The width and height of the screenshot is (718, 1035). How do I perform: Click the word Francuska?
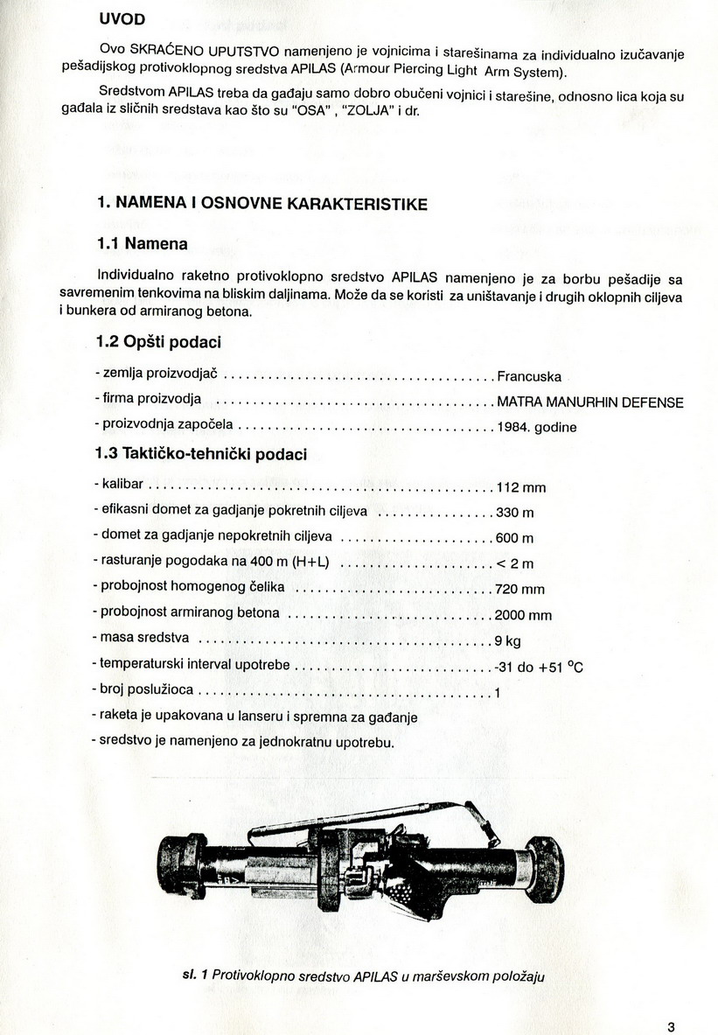pyautogui.click(x=529, y=377)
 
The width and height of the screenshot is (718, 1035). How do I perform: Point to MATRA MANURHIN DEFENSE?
pyautogui.click(x=589, y=402)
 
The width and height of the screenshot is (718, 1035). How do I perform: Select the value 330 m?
pyautogui.click(x=515, y=512)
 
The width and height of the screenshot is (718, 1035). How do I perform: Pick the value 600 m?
pyautogui.click(x=515, y=537)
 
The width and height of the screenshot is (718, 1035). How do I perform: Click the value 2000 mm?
pyautogui.click(x=524, y=615)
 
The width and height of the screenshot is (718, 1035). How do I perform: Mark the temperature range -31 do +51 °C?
pyautogui.click(x=539, y=667)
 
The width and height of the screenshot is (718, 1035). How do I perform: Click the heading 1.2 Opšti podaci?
pyautogui.click(x=158, y=341)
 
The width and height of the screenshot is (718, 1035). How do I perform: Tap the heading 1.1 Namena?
pyautogui.click(x=142, y=242)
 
